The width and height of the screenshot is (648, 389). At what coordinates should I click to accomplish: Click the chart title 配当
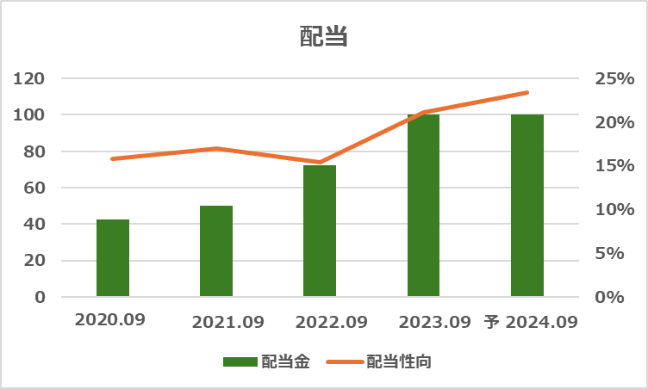pos(323,36)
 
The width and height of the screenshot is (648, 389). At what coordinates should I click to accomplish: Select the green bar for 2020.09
pos(113,258)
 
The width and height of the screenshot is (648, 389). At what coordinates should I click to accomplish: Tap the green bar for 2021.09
pos(216,251)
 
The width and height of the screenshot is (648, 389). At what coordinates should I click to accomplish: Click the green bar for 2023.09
pos(423,206)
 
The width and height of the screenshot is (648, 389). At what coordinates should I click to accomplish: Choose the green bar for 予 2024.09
pos(526,206)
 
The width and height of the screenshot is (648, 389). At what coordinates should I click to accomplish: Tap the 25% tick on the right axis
pos(614,78)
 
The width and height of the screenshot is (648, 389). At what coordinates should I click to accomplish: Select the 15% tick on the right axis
pos(614,166)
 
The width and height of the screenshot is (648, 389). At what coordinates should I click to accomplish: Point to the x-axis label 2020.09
pos(110,319)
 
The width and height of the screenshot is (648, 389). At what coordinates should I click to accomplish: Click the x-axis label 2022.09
pos(331,323)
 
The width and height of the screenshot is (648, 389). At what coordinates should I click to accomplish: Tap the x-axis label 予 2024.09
pos(530,323)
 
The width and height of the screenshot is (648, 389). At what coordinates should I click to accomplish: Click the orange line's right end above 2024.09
pos(526,92)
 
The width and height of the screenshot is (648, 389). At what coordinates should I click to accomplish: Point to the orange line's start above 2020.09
pos(113,158)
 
